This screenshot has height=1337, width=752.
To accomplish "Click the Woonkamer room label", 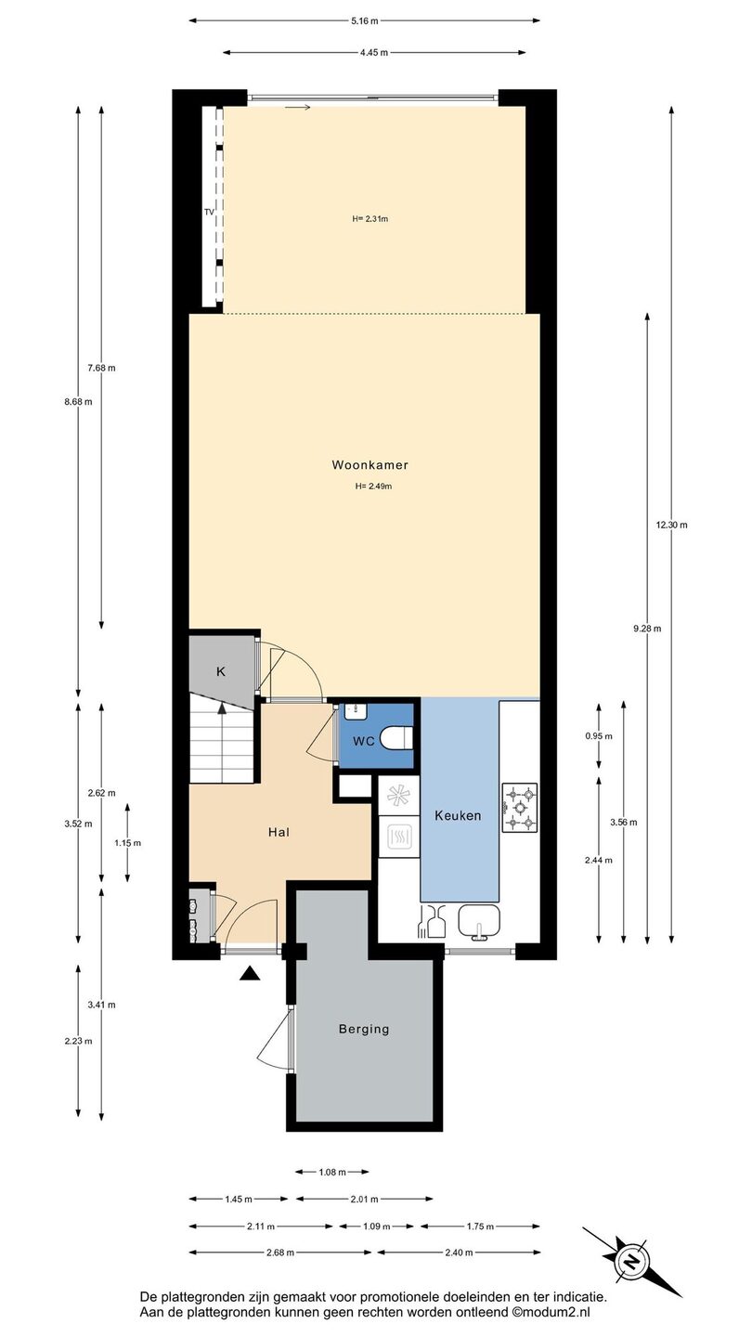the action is point(370,465).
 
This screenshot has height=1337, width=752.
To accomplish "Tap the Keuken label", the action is point(458,816).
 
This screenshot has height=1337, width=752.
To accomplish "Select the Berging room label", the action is point(364,1029).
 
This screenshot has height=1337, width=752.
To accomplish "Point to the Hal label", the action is point(279,832).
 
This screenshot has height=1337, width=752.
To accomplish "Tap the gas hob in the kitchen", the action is point(520,808).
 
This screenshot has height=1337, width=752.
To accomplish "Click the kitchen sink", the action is point(479,920).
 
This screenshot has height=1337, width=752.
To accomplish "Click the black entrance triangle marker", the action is point(251,974).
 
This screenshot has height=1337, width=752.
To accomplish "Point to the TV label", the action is point(209,212).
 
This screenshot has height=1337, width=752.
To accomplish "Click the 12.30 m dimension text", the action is point(671,526).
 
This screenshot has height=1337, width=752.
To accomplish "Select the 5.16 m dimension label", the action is point(365,20).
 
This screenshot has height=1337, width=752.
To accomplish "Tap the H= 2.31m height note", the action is point(370,219).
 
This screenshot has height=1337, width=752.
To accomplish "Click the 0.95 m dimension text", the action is point(599,736).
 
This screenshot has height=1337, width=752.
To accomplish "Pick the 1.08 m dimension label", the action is point(332,1173).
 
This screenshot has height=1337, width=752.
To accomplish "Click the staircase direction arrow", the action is point(222,708).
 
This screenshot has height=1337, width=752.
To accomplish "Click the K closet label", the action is point(221,671).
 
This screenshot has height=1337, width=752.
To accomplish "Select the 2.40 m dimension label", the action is point(459,1253).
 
